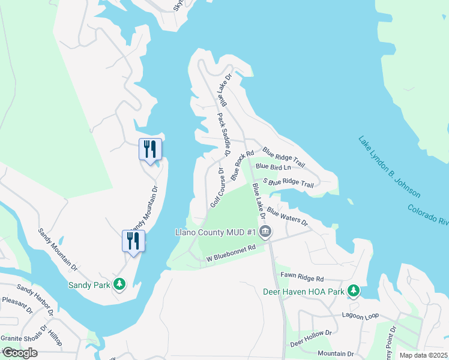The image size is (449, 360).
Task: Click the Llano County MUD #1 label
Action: click(215, 232)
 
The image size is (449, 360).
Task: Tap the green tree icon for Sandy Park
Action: click(119, 284)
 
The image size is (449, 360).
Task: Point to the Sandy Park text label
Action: click(89, 284)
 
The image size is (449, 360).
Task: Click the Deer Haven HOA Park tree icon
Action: click(354, 291)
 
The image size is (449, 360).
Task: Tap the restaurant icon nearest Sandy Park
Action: click(133, 241)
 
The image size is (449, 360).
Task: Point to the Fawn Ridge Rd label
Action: click(302, 278)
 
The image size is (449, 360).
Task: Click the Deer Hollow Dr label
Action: click(310, 338)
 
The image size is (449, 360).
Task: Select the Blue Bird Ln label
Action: click(273, 166)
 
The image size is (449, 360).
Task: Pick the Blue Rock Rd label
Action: click(238, 166)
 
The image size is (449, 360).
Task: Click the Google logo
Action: click(19, 353)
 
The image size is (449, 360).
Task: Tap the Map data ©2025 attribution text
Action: click(423, 355)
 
